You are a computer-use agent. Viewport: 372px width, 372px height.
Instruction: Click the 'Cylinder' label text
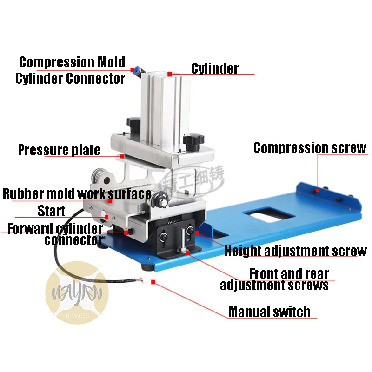tap(214, 69)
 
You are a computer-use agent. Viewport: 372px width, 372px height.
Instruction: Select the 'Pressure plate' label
tap(59, 150)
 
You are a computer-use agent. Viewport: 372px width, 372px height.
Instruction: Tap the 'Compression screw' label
tap(310, 148)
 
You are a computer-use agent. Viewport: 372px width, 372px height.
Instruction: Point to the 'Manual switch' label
tap(269, 312)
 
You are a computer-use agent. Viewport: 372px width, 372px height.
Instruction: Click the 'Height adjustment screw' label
tap(295, 251)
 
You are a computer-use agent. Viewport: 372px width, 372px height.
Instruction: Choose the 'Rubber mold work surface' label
tap(77, 193)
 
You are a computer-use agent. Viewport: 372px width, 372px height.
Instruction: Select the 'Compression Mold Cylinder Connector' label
tap(71, 70)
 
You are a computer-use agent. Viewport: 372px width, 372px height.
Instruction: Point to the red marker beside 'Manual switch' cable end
tap(153, 282)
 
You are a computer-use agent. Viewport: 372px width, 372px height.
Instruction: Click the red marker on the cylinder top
tap(170, 73)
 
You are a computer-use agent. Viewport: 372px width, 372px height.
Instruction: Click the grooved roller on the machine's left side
tap(100, 178)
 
